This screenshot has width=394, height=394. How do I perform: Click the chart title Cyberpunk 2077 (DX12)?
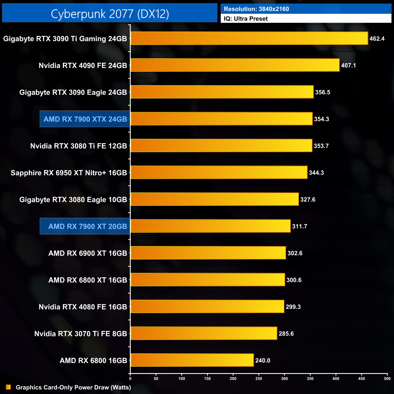[x=110, y=14]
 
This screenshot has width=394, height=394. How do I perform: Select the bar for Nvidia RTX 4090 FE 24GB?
[x=235, y=65]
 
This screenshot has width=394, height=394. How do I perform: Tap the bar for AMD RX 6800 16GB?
[x=192, y=360]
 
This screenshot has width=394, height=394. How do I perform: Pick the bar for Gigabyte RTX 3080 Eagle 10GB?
[x=215, y=199]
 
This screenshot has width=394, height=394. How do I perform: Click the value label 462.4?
[x=377, y=39]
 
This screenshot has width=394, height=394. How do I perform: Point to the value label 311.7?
[x=299, y=226]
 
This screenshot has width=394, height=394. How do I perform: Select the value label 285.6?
[x=286, y=334]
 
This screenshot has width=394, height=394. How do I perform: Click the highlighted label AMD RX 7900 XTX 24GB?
[x=85, y=119]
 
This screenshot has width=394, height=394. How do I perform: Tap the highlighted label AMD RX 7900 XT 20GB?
[x=88, y=226]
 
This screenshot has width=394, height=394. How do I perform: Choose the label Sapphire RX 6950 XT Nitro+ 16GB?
[x=69, y=173]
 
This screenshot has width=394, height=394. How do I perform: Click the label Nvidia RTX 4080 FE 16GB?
[x=83, y=307]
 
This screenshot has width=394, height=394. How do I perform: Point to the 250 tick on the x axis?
[x=259, y=379]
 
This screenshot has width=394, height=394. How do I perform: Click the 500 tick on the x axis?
[x=387, y=379]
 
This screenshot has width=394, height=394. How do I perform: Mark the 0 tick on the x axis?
[x=130, y=379]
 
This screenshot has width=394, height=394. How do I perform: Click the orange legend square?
[x=8, y=387]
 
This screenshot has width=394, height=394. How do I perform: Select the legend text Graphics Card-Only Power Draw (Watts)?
[x=73, y=387]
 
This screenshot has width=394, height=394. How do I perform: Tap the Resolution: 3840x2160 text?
[x=256, y=9]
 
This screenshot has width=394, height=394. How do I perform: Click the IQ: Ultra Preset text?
[x=246, y=19]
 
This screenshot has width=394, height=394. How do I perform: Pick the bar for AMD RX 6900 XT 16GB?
[x=208, y=253]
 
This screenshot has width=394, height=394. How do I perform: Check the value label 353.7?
[x=321, y=146]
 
